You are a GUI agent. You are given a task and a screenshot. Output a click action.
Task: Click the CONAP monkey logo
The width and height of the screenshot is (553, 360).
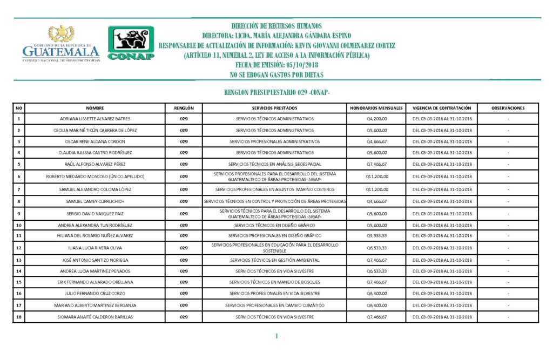coord(131,43)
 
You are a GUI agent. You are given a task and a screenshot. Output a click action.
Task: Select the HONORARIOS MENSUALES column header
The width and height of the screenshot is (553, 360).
coord(376,108)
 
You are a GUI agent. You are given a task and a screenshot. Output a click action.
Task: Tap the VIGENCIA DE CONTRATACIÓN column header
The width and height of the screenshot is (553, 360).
coord(442,108)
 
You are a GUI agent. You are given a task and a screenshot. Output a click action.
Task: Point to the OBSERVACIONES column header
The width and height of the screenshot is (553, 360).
coord(508,108)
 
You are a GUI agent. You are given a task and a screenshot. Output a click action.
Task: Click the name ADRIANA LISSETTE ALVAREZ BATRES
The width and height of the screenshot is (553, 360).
coord(95,119)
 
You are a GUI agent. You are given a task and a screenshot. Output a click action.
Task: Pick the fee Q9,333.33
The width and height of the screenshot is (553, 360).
coord(376,236)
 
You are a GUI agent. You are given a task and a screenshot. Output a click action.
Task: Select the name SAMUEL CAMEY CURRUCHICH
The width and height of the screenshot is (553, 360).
coord(95,201)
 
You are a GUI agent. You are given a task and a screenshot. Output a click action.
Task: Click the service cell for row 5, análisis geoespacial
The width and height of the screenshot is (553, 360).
coord(275,164)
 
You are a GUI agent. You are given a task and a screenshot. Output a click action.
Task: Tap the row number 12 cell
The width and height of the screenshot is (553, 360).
coord(19,248)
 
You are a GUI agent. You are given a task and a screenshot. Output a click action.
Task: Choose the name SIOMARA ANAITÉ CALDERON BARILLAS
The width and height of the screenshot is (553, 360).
coord(95,317)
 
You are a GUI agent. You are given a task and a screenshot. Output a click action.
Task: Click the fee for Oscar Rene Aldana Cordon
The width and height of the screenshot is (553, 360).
coord(376,141)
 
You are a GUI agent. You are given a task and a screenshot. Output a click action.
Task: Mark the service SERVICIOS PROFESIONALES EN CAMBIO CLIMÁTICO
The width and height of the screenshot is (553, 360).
coord(275,305)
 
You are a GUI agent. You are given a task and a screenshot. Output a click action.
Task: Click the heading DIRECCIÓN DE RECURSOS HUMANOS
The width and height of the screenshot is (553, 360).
coord(276,26)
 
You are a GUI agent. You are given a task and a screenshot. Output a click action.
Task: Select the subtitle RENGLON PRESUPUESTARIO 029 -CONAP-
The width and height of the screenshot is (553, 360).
coord(276,93)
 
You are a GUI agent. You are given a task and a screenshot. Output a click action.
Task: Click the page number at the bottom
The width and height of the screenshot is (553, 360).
coord(276,337)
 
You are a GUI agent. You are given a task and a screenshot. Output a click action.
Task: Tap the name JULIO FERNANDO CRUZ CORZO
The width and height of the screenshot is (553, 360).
coord(95,294)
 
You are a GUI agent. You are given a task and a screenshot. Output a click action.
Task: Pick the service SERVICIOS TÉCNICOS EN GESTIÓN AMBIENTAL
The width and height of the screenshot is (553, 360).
coord(275,260)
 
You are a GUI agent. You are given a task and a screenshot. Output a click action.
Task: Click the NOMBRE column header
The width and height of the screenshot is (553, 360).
coord(95,108)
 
